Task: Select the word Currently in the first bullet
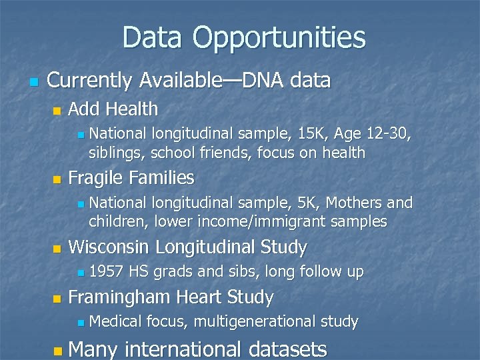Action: click(90, 81)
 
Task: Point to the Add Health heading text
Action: click(113, 109)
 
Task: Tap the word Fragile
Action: click(96, 178)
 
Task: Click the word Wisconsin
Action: click(109, 247)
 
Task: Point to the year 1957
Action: click(106, 271)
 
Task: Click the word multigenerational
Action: click(255, 322)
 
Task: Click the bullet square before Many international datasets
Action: click(58, 349)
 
